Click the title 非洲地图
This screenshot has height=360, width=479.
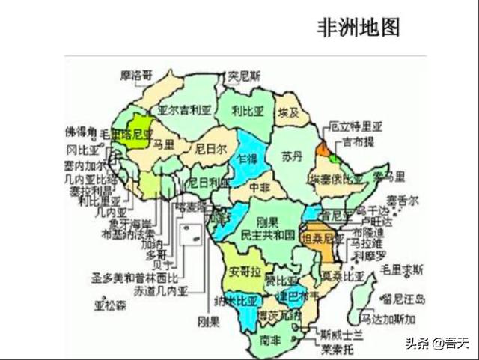359,28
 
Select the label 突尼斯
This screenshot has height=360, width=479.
245,76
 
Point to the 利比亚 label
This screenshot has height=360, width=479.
248,111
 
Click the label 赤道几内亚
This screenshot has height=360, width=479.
161,290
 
